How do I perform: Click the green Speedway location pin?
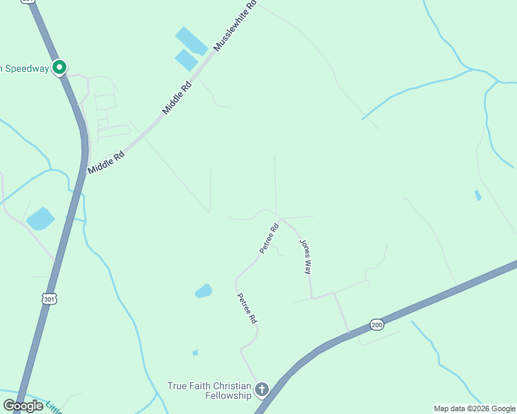tap(59, 68)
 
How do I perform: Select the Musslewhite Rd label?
tap(236, 26)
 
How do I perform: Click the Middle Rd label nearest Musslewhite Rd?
tap(176, 99)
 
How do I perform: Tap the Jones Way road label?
tap(305, 257)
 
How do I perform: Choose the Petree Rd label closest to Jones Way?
tap(269, 238)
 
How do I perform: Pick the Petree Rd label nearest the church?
tap(247, 308)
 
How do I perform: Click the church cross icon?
tap(261, 390)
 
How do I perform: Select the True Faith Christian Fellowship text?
tap(209, 391)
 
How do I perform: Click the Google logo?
tap(23, 406)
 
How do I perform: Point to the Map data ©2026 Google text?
tap(474, 408)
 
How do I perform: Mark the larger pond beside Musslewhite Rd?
tap(191, 41)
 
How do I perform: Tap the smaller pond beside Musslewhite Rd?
tap(186, 60)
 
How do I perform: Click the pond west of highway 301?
tap(41, 219)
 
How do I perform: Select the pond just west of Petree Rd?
tap(203, 291)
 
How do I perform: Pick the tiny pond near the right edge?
tap(478, 195)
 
